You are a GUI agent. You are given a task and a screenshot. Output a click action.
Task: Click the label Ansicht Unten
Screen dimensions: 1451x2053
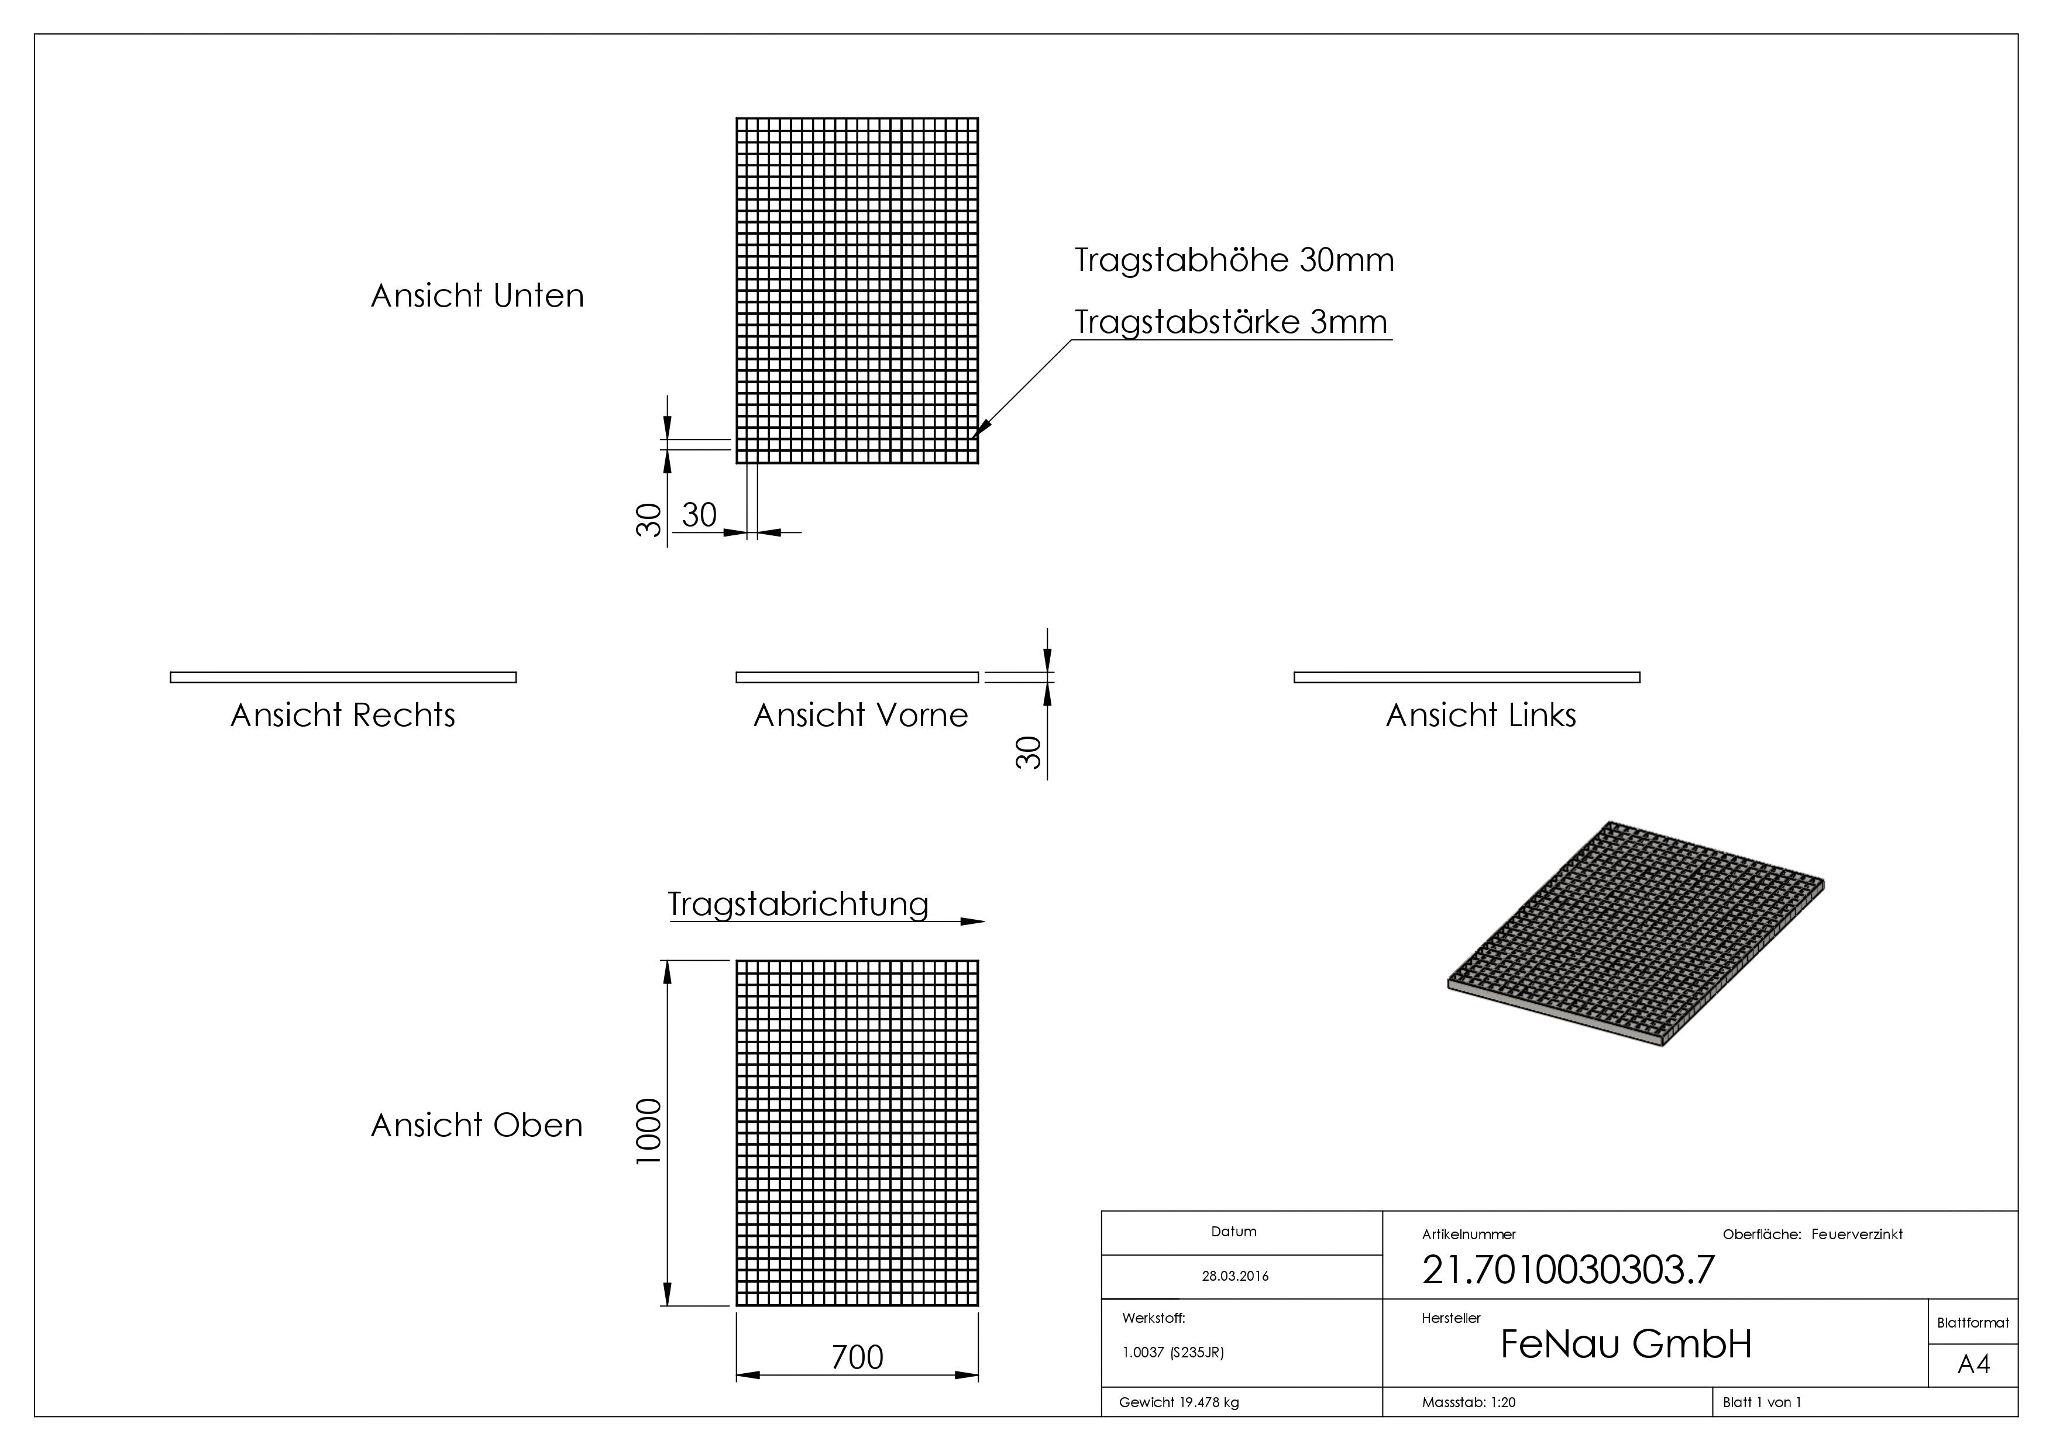tap(477, 296)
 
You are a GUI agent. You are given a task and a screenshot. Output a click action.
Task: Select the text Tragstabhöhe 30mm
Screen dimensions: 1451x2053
tap(1234, 260)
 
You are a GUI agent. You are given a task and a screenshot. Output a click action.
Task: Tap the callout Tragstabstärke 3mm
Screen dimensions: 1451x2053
tap(1230, 322)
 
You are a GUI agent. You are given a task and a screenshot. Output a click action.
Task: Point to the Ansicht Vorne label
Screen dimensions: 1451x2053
tap(860, 715)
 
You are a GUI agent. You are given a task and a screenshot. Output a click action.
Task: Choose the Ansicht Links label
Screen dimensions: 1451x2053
tap(1481, 715)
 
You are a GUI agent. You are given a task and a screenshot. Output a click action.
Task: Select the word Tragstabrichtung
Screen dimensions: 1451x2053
tap(797, 904)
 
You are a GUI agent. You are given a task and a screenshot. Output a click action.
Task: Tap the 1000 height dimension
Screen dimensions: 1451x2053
tap(648, 1131)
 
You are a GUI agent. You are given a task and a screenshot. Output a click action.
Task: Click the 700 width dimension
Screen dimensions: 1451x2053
tap(857, 1357)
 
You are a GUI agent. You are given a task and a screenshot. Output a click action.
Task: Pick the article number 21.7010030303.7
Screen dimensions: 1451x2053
tap(1569, 1270)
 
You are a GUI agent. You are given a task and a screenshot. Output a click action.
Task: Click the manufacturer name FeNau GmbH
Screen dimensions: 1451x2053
tap(1625, 1344)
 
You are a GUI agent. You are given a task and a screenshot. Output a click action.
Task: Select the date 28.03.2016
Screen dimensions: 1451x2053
tap(1235, 1276)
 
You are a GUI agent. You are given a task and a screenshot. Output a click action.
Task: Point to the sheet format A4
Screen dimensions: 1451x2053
tap(1973, 1364)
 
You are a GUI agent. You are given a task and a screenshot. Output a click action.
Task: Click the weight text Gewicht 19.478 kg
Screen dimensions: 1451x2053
tap(1178, 1402)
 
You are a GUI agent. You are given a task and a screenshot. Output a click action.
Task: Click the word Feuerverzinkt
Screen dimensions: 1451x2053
tap(1856, 1234)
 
